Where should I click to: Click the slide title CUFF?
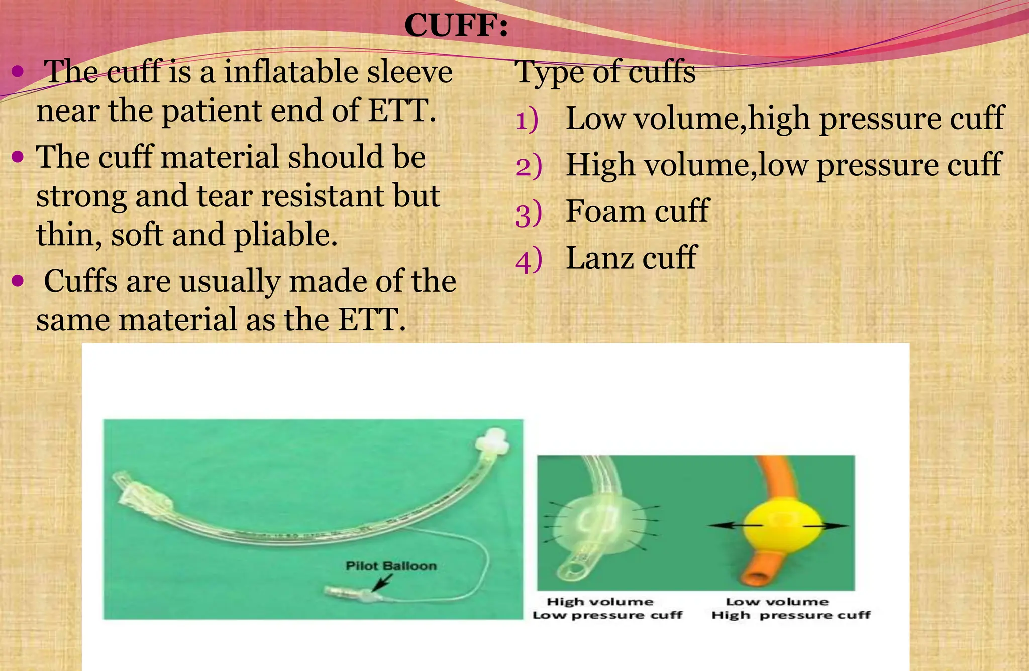(x=456, y=25)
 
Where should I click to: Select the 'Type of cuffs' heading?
(x=605, y=72)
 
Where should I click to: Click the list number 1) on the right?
(x=527, y=120)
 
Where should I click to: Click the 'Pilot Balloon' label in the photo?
(x=391, y=566)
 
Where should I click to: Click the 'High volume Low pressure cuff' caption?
(x=607, y=608)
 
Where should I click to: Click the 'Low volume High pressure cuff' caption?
(x=790, y=608)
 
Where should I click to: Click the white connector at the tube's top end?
(x=492, y=443)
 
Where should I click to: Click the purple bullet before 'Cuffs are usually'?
(x=18, y=281)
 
